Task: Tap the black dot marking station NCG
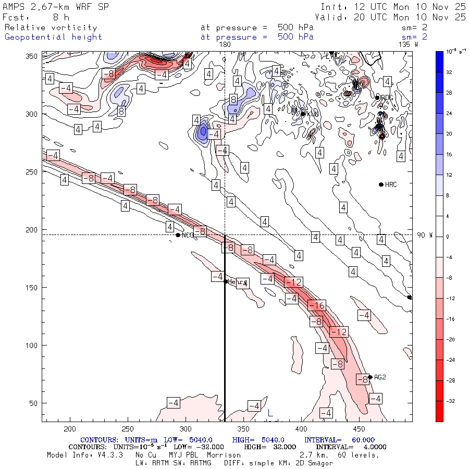(178, 235)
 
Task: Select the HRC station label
(391, 185)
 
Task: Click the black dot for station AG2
(370, 377)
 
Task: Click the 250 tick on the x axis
(128, 429)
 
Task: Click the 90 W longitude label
(425, 235)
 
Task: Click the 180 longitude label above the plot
(225, 45)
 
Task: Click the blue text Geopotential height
(53, 37)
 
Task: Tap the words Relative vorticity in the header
(51, 28)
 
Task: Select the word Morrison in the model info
(224, 455)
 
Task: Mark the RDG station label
(387, 97)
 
